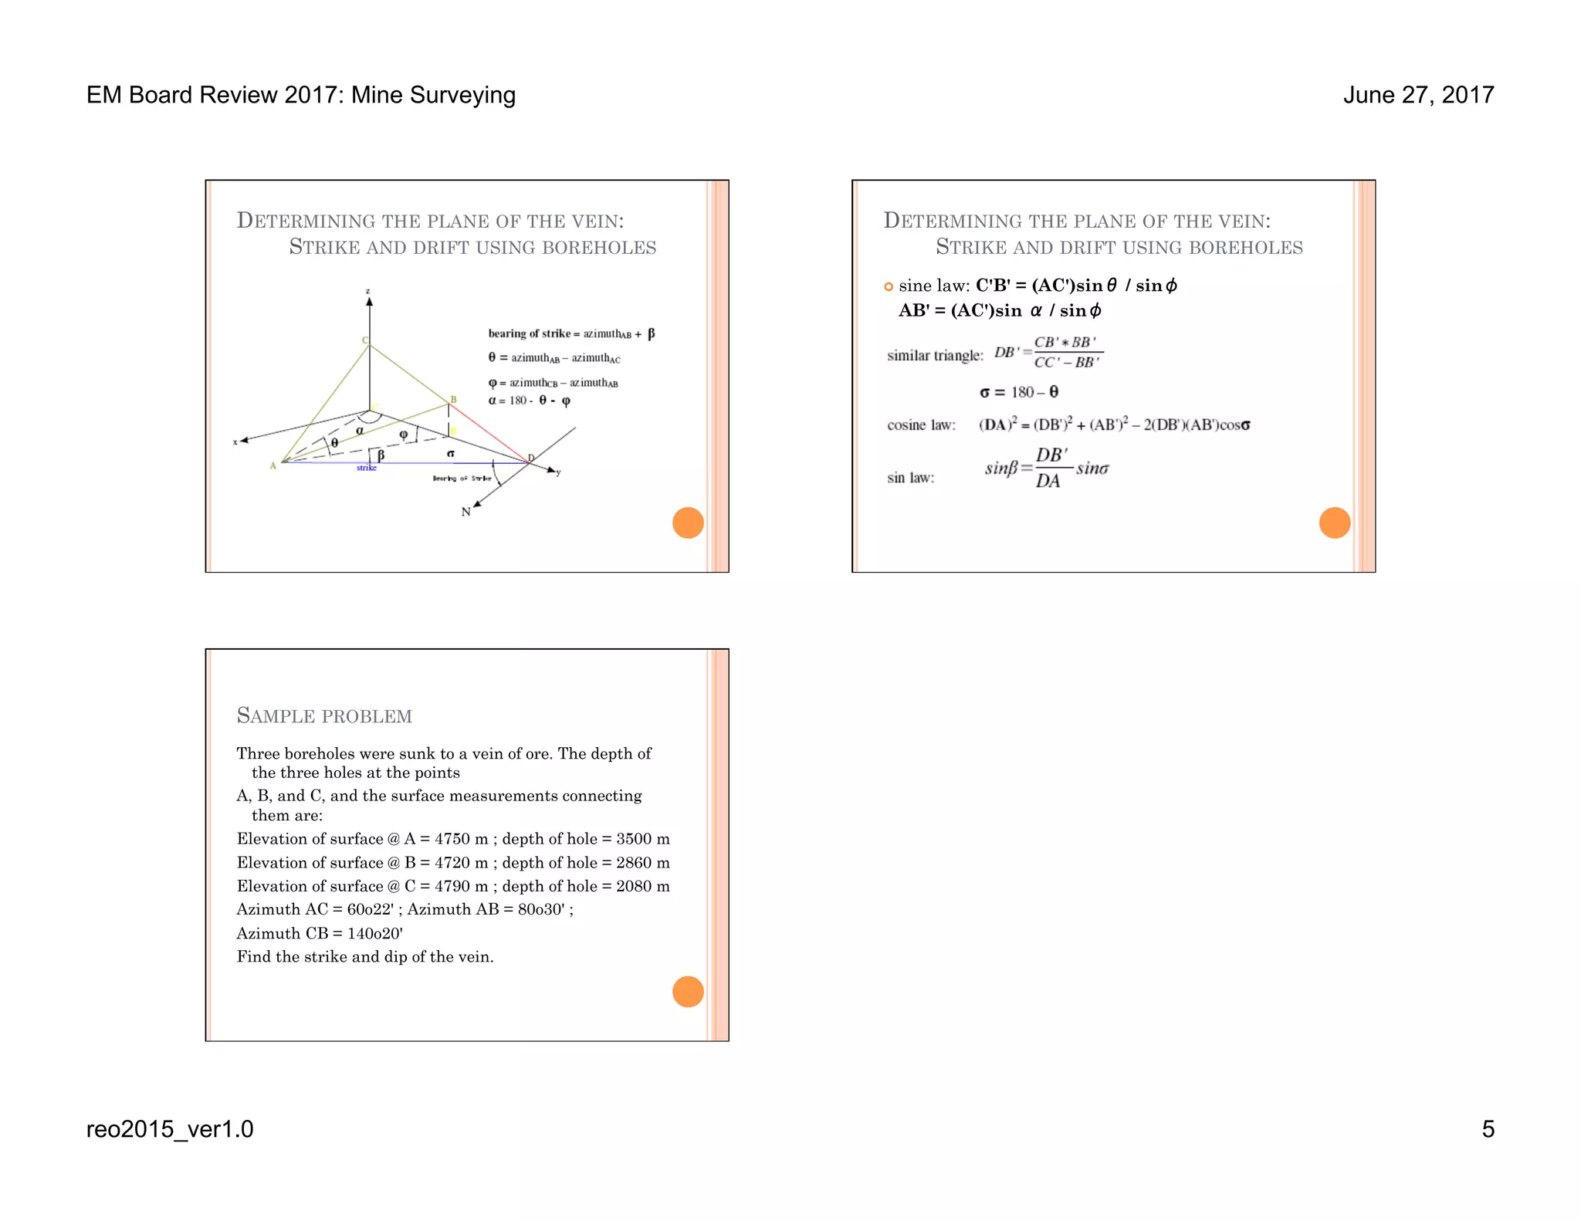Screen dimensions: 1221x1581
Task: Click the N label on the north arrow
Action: [x=465, y=512]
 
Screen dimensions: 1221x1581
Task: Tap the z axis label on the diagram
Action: [x=368, y=292]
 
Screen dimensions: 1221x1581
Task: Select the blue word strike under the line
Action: [x=367, y=468]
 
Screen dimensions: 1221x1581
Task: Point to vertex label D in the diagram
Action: [x=531, y=458]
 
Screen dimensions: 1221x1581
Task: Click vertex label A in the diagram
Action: [x=273, y=465]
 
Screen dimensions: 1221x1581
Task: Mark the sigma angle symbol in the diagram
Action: [x=451, y=453]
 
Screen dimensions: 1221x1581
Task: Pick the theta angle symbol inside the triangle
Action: [x=334, y=442]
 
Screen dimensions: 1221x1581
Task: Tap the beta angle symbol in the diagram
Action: [x=381, y=455]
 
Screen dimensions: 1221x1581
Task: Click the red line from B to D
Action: [x=489, y=432]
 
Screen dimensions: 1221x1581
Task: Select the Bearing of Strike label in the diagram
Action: [x=462, y=479]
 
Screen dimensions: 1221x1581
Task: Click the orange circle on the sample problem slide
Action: [x=688, y=992]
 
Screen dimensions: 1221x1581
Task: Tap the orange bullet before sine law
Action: [x=889, y=287]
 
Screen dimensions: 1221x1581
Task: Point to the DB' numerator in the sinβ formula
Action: [x=1051, y=455]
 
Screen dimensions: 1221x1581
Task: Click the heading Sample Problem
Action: [x=324, y=715]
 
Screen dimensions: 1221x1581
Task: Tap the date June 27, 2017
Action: [x=1418, y=95]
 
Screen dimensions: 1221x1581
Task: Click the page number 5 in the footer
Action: [x=1488, y=1129]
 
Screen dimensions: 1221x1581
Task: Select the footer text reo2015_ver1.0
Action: [x=170, y=1129]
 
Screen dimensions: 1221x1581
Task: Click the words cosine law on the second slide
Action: [x=921, y=425]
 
